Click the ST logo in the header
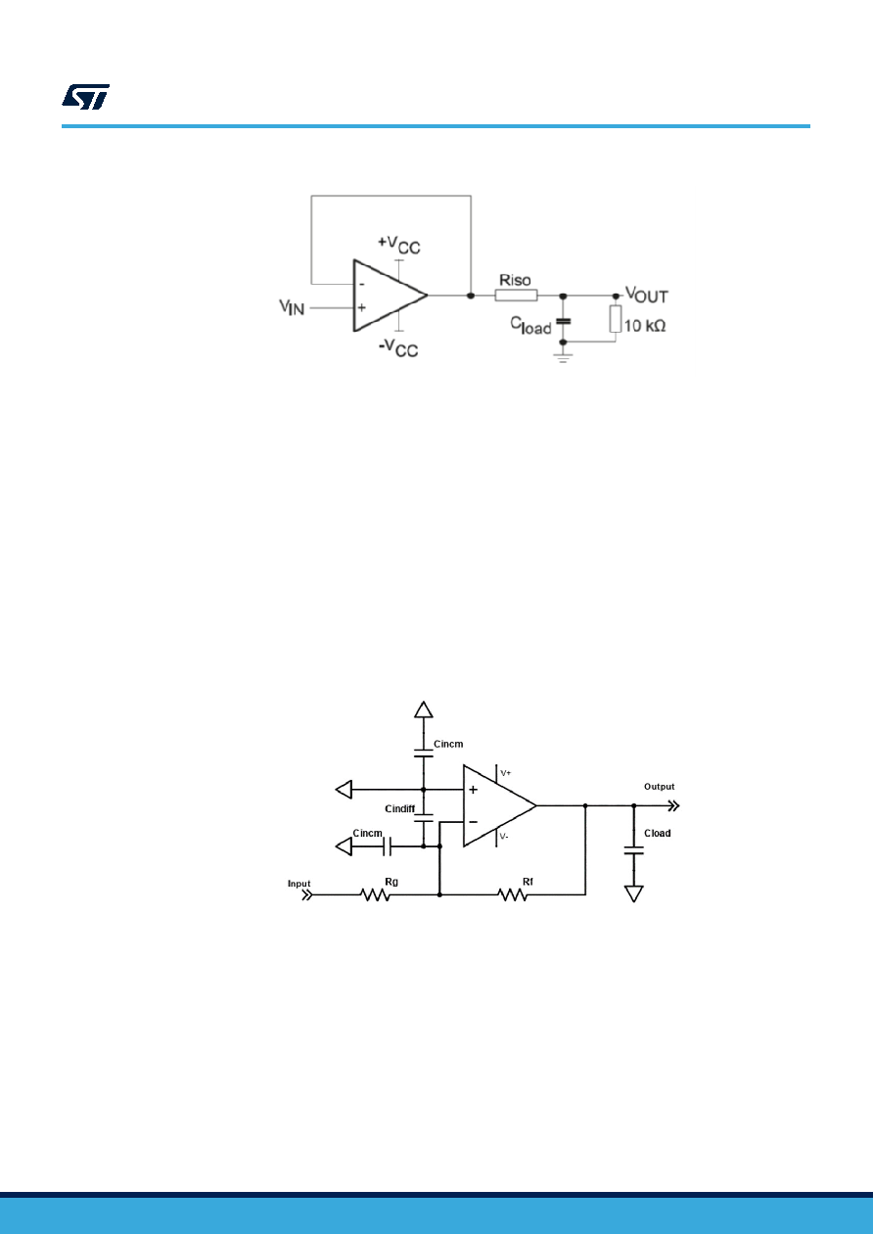click(85, 97)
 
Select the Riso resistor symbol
click(516, 296)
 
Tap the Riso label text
click(515, 280)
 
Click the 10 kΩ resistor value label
click(645, 326)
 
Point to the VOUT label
click(647, 295)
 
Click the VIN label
click(292, 307)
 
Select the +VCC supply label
click(398, 246)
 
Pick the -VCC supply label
click(398, 347)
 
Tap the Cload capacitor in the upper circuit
click(563, 321)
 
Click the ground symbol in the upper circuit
click(563, 358)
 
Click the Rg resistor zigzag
click(375, 895)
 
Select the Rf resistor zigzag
click(513, 895)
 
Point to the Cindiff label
click(400, 808)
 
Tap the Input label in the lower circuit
click(299, 884)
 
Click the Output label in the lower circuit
click(660, 787)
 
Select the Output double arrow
click(673, 806)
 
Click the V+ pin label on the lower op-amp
click(506, 773)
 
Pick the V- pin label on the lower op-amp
click(504, 837)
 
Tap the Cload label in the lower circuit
click(658, 833)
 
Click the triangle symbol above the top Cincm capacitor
click(424, 709)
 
